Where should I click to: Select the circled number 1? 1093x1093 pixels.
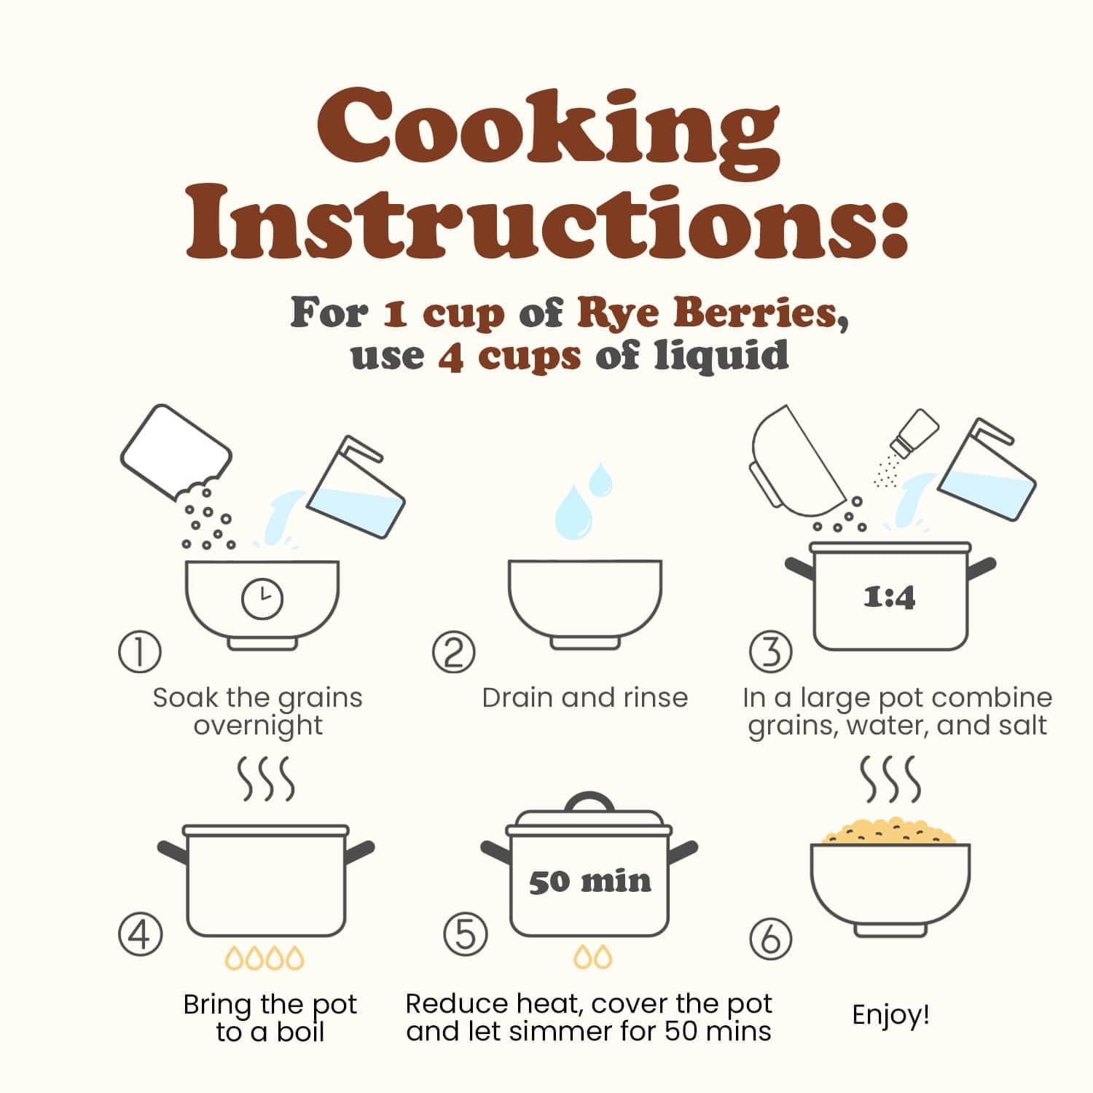click(139, 651)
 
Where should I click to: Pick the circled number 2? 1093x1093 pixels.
click(453, 651)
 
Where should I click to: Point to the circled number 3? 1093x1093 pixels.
click(771, 651)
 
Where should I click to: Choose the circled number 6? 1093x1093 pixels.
click(771, 939)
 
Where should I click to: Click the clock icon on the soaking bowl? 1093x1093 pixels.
click(262, 599)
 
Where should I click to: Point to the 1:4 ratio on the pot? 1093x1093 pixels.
click(889, 598)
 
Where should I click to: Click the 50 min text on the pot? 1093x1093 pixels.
click(590, 882)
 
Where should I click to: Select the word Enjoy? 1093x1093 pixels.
click(890, 1015)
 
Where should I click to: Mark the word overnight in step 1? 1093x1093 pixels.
click(258, 726)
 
